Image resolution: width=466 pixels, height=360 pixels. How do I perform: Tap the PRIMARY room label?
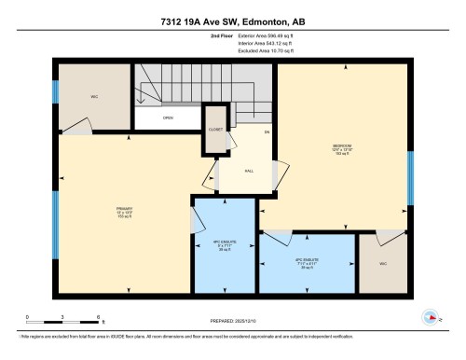pos(122,210)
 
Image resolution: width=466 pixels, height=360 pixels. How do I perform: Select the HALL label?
pos(250,171)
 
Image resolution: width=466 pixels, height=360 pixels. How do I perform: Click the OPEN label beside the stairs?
pos(168,118)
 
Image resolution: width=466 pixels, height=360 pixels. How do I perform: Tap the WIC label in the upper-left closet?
pos(94,96)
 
